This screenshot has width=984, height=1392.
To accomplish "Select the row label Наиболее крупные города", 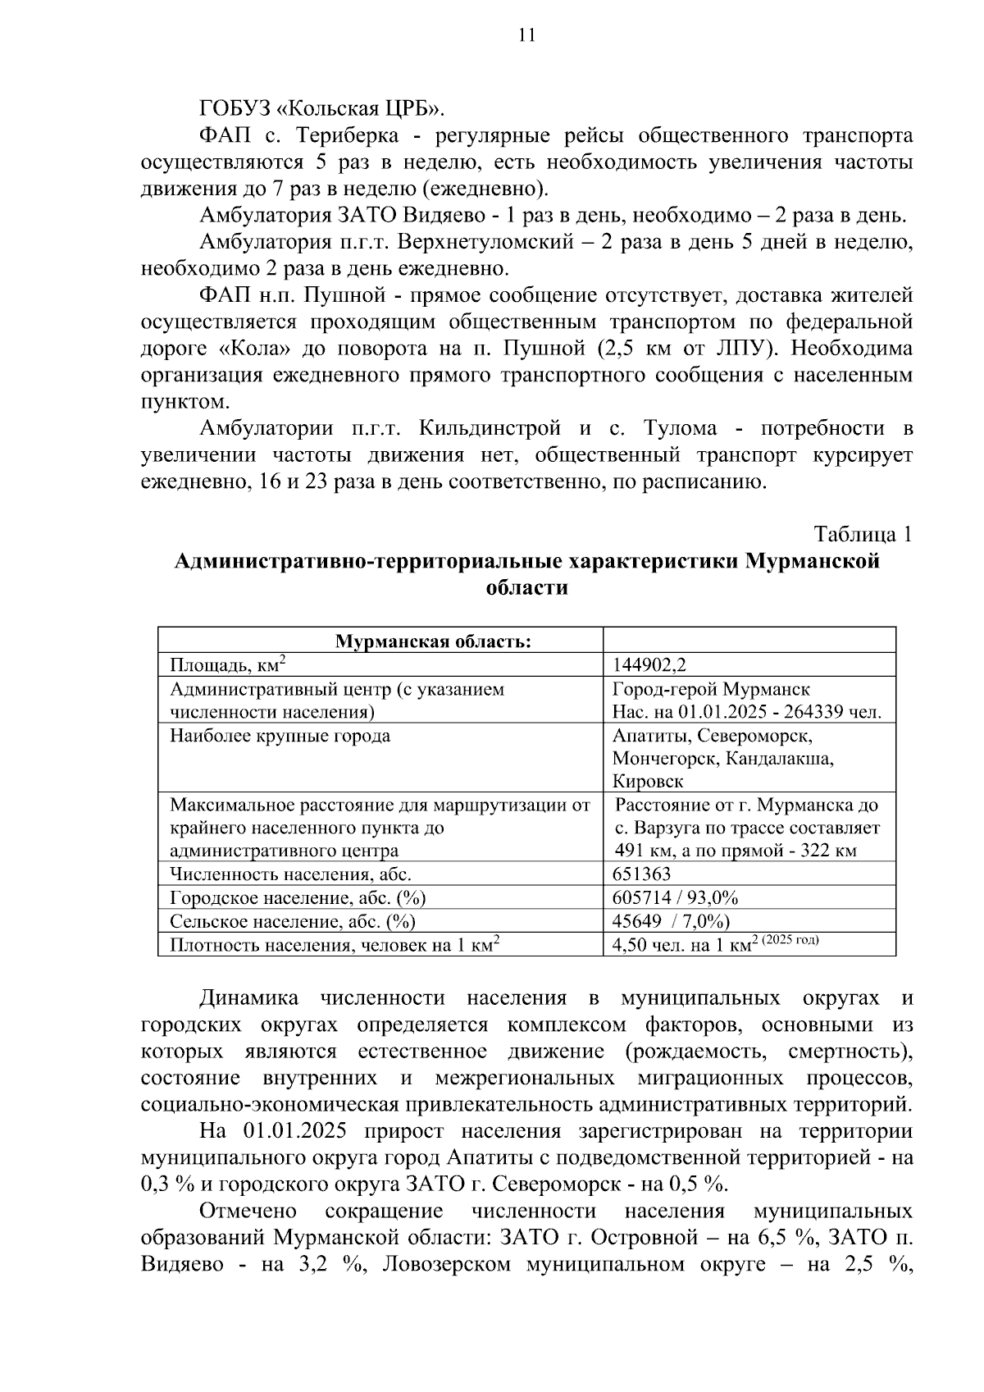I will [x=280, y=736].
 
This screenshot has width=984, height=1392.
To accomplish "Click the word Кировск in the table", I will [x=648, y=781].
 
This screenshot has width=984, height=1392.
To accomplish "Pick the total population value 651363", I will [x=641, y=874].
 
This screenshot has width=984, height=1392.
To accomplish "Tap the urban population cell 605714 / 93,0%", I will [x=675, y=897].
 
